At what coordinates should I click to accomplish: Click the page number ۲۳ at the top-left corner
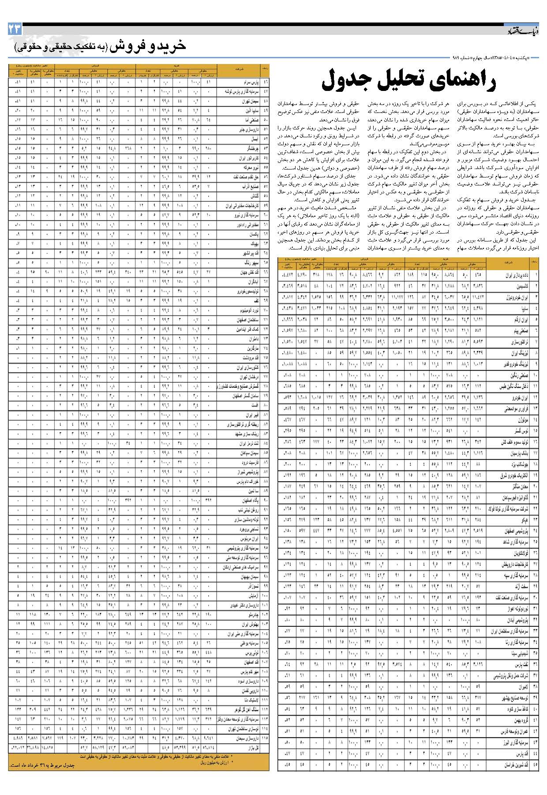click(15, 30)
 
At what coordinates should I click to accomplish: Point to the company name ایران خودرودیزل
click(514, 297)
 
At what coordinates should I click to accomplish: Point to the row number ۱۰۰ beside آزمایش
click(265, 595)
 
